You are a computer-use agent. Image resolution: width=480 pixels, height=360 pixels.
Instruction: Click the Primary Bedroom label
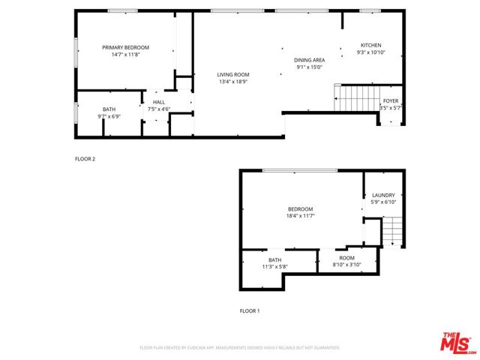coord(126,47)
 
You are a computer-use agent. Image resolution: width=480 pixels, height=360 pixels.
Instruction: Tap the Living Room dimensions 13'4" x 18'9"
coord(233,82)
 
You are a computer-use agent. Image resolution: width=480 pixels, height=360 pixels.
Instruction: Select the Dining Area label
coord(309,59)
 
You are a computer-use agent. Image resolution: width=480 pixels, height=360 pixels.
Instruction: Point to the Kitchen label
coord(370,45)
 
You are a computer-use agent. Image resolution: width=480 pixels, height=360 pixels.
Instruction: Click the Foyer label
coord(391,100)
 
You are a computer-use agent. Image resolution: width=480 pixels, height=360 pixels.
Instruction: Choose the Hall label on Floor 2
coord(158,102)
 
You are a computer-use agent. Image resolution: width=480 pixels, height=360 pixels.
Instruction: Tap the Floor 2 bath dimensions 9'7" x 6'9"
coord(109,116)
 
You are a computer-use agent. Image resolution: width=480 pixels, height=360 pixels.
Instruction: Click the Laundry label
coord(382,195)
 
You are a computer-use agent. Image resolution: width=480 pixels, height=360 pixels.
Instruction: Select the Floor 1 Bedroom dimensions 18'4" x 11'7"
coord(300,216)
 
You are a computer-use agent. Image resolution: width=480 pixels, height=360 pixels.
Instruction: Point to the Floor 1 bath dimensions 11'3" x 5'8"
coord(274,266)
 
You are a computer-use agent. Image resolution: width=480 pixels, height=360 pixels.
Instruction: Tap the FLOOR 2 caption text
coord(85,159)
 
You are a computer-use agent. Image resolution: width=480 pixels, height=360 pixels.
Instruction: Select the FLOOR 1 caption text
coord(250,310)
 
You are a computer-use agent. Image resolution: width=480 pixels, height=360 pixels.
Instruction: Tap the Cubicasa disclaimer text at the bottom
coord(240,348)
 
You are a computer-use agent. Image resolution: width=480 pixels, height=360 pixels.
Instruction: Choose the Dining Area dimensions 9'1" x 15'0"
coord(309,67)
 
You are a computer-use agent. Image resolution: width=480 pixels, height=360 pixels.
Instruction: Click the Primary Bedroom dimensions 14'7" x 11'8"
coord(126,55)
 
